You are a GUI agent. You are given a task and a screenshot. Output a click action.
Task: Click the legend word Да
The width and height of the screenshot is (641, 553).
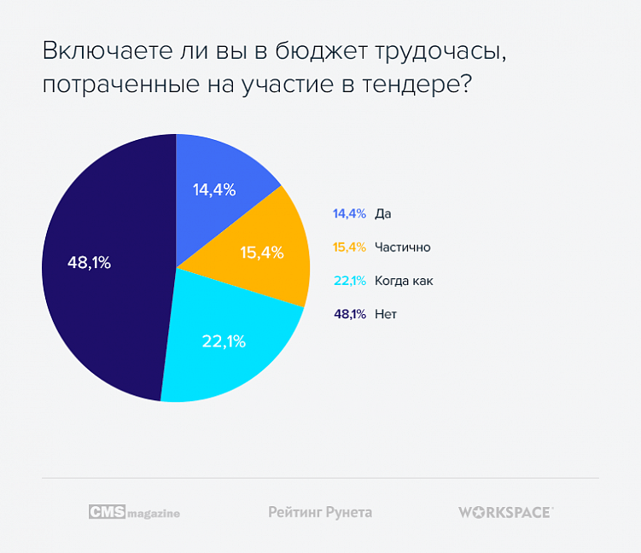click(x=382, y=213)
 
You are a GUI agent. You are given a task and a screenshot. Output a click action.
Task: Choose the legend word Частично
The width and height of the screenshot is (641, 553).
click(x=402, y=247)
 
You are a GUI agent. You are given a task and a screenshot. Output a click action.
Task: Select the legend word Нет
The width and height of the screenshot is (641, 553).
click(x=386, y=314)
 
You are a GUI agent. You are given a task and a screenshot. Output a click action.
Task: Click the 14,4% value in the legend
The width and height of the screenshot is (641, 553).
click(x=350, y=213)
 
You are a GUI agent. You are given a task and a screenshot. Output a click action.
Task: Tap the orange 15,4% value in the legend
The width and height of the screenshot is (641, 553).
click(x=350, y=247)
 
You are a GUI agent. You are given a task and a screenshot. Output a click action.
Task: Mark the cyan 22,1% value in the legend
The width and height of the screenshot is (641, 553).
click(x=350, y=281)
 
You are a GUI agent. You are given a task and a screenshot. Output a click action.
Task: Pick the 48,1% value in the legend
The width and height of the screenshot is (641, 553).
click(x=350, y=314)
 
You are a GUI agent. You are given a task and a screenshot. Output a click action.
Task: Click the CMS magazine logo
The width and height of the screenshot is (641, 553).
click(x=134, y=512)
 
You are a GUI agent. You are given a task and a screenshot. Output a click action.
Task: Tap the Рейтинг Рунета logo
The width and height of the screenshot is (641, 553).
click(x=320, y=512)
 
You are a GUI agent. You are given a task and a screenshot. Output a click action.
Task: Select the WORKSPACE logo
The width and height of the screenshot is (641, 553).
click(x=505, y=512)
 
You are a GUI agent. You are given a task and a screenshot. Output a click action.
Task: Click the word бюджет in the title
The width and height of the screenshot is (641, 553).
click(x=319, y=52)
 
